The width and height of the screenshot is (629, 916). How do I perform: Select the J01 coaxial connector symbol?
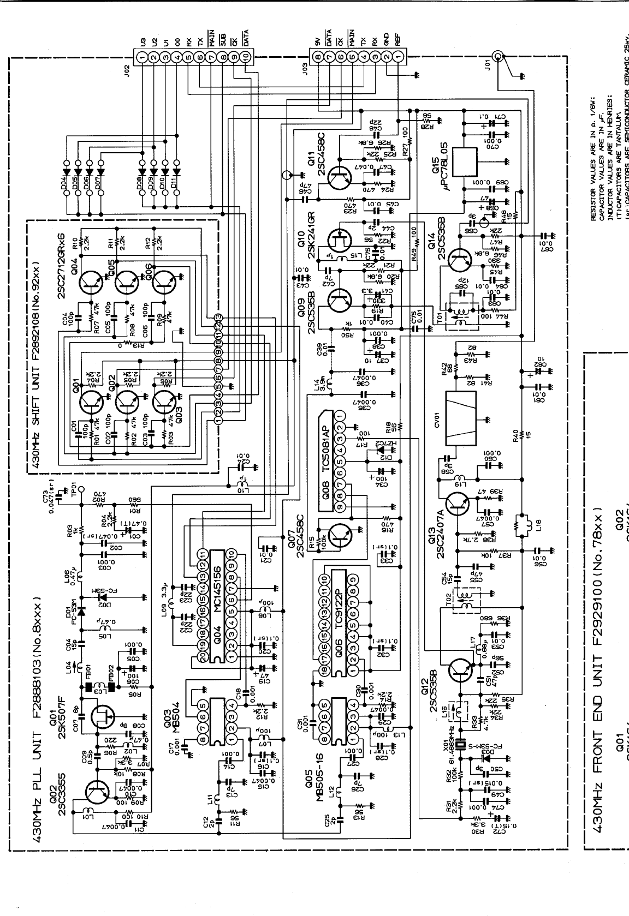tap(497, 56)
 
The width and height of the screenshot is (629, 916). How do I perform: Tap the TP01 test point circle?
tap(80, 489)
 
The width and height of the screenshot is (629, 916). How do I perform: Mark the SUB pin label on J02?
tap(223, 39)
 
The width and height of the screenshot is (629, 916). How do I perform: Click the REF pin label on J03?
tap(399, 39)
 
